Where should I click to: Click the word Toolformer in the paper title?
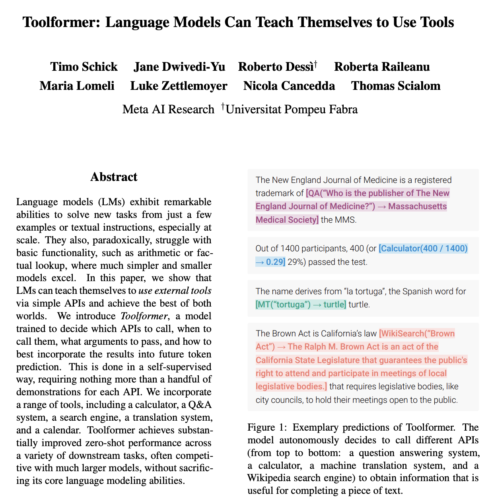tap(62, 22)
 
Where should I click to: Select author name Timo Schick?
tap(84, 67)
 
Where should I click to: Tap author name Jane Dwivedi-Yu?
tap(179, 67)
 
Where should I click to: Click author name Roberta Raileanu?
tap(382, 67)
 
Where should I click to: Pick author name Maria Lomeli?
tap(77, 86)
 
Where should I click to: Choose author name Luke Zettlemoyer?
tap(179, 86)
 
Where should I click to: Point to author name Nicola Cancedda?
tap(289, 86)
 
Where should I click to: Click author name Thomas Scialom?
tap(396, 86)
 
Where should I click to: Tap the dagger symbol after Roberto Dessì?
tap(315, 63)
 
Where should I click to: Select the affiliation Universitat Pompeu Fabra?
tap(292, 109)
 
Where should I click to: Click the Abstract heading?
tap(114, 177)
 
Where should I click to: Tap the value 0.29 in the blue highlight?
tap(274, 262)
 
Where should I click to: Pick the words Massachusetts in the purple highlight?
tap(418, 207)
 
